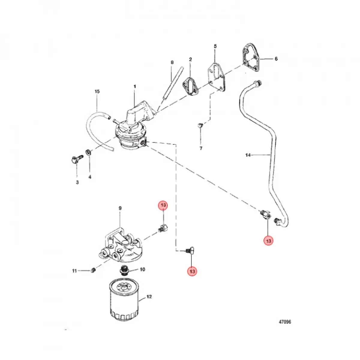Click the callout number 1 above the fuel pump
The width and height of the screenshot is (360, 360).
pyautogui.click(x=135, y=87)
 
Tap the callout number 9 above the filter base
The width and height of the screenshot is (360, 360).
pyautogui.click(x=120, y=208)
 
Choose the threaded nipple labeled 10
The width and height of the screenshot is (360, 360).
pyautogui.click(x=124, y=270)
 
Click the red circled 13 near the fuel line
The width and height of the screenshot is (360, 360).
pyautogui.click(x=268, y=241)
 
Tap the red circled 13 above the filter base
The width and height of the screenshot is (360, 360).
pyautogui.click(x=163, y=205)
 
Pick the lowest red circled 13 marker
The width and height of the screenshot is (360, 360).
pyautogui.click(x=192, y=271)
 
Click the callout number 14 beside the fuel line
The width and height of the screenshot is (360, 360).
pyautogui.click(x=248, y=155)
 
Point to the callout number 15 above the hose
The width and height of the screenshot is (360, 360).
pyautogui.click(x=97, y=91)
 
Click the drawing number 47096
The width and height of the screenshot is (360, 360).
pyautogui.click(x=285, y=322)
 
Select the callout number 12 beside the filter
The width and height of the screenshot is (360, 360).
pyautogui.click(x=149, y=297)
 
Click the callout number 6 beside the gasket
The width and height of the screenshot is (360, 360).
pyautogui.click(x=276, y=59)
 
